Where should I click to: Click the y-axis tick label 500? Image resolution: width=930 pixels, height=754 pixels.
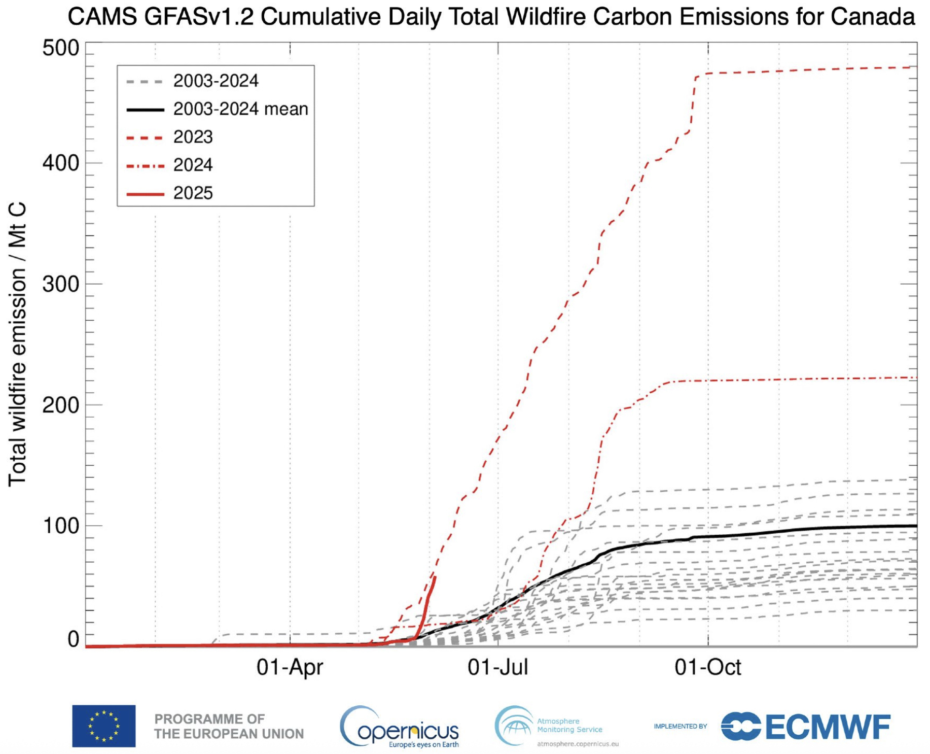(x=61, y=49)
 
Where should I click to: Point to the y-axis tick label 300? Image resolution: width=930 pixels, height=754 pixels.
(x=61, y=284)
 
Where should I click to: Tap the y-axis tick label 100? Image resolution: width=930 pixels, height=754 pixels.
(x=61, y=526)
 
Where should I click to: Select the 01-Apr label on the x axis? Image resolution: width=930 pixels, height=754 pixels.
(x=290, y=667)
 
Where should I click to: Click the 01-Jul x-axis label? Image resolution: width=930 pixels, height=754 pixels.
(x=497, y=667)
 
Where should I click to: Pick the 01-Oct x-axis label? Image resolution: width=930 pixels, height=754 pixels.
(x=707, y=667)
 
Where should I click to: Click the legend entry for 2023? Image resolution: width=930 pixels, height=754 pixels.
(x=193, y=137)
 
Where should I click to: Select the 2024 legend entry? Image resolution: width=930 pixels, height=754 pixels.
(x=193, y=165)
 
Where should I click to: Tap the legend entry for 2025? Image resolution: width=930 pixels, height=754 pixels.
(x=193, y=193)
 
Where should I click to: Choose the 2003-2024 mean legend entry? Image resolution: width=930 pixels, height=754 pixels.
(x=240, y=109)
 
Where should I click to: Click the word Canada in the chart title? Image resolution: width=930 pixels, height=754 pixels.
(x=872, y=17)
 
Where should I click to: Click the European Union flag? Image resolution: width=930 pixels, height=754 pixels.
(x=103, y=726)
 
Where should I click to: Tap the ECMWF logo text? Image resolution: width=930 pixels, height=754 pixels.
(x=828, y=727)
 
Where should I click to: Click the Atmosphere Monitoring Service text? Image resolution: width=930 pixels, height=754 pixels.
(x=569, y=725)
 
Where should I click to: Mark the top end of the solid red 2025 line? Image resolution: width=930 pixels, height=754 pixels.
(x=434, y=577)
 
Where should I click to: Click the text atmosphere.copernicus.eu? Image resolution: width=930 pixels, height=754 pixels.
(x=578, y=744)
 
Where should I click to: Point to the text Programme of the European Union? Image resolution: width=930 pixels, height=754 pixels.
(x=229, y=726)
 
